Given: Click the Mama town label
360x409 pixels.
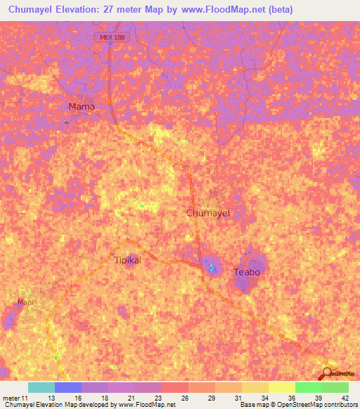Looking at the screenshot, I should pyautogui.click(x=82, y=106).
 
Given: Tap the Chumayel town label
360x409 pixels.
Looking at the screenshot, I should pyautogui.click(x=208, y=212).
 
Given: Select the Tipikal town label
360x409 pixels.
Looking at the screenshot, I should pyautogui.click(x=127, y=260).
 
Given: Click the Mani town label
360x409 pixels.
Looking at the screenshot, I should pyautogui.click(x=26, y=302).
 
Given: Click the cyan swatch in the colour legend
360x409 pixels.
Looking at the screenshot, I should pyautogui.click(x=41, y=387).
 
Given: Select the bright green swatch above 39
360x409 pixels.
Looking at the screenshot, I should pyautogui.click(x=308, y=387).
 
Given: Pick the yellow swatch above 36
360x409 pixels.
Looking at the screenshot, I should pyautogui.click(x=281, y=387).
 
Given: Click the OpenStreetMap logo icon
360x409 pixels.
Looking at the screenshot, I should pyautogui.click(x=325, y=374).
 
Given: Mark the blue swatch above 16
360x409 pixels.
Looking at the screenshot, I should pyautogui.click(x=67, y=387).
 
